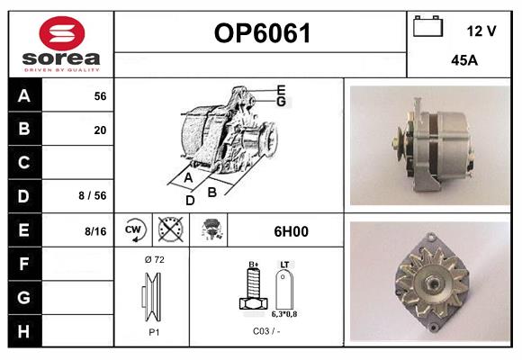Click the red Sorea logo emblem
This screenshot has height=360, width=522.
[x=62, y=33]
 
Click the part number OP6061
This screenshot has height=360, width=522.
[x=262, y=33]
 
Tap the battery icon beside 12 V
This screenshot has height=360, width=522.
[x=427, y=26]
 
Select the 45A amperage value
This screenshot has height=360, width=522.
[x=464, y=60]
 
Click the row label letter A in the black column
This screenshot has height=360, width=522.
[x=24, y=96]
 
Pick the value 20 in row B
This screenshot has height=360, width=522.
[x=100, y=130]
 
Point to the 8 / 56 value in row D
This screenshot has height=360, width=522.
[x=93, y=195]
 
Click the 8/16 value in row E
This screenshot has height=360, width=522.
[x=95, y=231]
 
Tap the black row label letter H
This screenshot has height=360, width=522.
[x=23, y=331]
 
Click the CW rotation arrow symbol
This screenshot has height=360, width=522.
[x=134, y=229]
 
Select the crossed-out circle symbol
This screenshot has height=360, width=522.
[x=171, y=229]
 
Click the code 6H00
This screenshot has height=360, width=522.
[x=292, y=231]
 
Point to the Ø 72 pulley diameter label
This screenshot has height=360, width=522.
[x=155, y=260]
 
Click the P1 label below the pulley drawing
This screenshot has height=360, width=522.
[x=154, y=332]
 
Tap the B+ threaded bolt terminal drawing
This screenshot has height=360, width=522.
[x=253, y=288]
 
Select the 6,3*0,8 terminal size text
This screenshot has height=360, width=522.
[x=284, y=314]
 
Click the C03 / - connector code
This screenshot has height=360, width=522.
[x=266, y=331]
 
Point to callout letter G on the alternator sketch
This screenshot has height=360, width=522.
[x=282, y=102]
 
